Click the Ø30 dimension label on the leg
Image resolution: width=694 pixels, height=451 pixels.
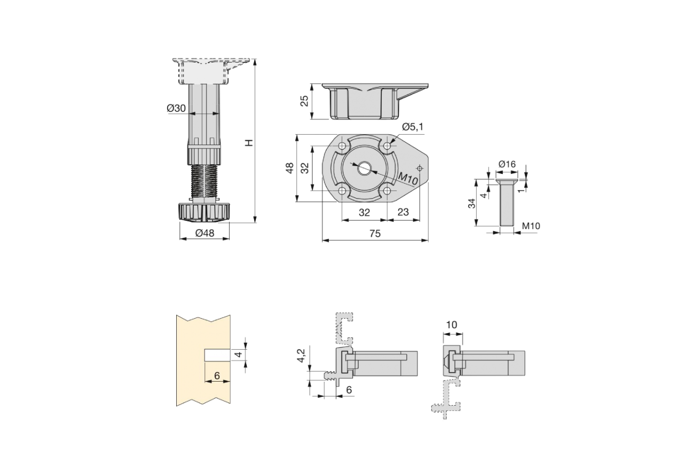(176, 108)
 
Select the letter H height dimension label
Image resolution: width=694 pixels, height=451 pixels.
(249, 143)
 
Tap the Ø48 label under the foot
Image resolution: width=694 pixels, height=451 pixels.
(204, 233)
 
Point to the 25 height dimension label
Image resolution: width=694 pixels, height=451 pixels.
(305, 101)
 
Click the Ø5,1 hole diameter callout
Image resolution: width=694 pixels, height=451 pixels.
(413, 127)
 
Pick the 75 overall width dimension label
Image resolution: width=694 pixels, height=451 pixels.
(375, 234)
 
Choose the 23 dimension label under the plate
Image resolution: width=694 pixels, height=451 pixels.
(403, 212)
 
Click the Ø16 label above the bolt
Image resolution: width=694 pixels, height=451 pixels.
(507, 164)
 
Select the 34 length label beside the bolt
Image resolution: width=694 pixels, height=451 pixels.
(471, 203)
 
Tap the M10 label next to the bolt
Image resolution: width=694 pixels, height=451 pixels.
(531, 226)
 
